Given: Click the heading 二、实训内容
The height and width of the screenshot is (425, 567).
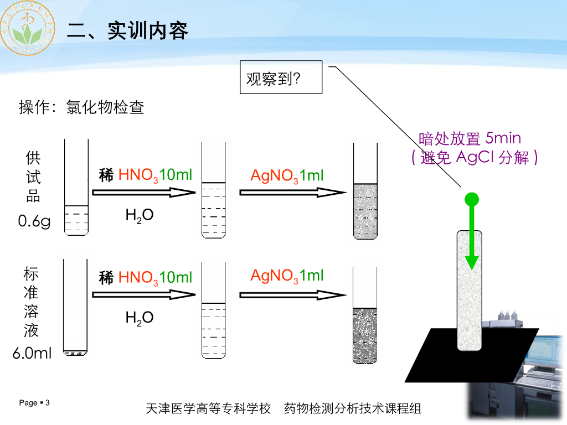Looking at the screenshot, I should point(128,30).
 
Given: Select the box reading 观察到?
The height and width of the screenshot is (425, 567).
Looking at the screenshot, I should point(281,77).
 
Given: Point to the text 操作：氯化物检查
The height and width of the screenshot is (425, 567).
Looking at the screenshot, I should point(82,107).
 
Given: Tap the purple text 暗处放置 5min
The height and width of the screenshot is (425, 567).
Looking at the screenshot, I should point(470,138).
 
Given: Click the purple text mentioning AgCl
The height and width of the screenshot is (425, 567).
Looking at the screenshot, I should point(475,157).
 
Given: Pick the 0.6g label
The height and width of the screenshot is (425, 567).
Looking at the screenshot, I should point(34,221).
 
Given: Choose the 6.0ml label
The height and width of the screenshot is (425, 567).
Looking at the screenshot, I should point(32,353).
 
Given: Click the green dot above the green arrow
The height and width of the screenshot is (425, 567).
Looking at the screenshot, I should point(471,199).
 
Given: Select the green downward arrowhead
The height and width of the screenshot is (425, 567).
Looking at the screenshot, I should point(471,261).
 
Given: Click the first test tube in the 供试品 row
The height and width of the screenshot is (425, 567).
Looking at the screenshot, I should point(76,188).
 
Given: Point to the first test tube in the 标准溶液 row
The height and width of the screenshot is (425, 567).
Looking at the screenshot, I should point(76,307).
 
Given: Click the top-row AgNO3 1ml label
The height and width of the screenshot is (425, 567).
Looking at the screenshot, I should point(287,176).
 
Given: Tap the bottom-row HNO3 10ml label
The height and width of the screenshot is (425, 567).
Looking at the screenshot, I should point(146,277).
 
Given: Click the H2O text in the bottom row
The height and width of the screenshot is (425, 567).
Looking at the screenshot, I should point(140,318).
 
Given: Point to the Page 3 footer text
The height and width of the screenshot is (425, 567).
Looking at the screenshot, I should point(34,403).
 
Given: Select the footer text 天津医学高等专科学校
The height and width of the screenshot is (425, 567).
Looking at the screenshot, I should point(208,409).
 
